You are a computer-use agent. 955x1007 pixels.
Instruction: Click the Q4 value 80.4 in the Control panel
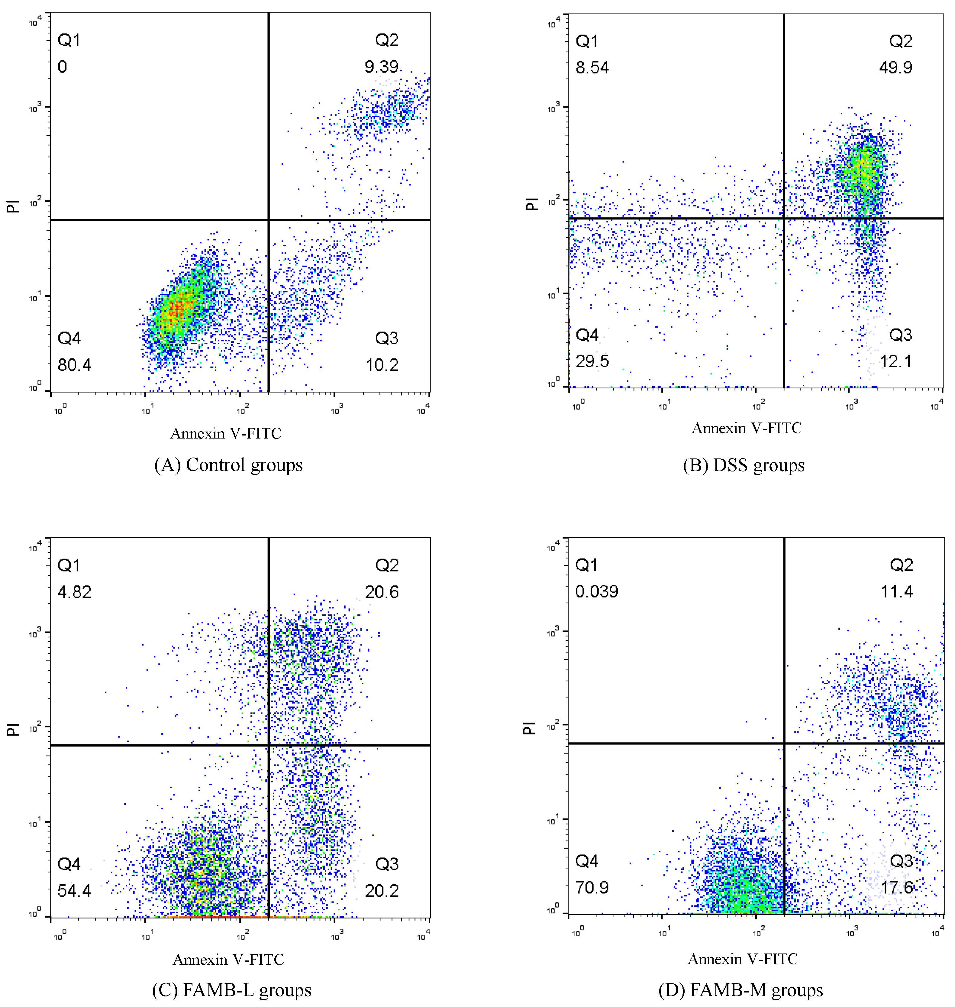(x=74, y=365)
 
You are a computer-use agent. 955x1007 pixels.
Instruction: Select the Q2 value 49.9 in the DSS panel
(x=895, y=68)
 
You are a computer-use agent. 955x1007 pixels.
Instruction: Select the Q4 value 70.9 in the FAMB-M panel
(x=592, y=887)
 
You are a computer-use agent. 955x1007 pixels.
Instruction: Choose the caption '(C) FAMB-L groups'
(x=232, y=990)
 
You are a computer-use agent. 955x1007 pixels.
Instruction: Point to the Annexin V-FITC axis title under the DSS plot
(x=746, y=428)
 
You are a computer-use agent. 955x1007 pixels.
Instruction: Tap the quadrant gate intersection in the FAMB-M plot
(x=784, y=743)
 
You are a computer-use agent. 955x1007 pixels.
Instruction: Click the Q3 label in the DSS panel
(x=900, y=335)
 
